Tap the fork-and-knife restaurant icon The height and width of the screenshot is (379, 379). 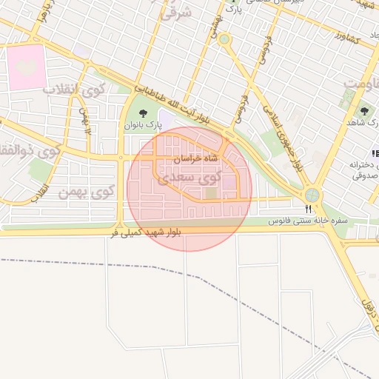pos(308,209)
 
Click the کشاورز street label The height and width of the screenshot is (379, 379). pos(346,36)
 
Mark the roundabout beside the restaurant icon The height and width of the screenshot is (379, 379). pos(312,195)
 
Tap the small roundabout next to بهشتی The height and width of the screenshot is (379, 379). pos(224,38)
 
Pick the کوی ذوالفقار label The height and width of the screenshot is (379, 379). pos(30,148)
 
